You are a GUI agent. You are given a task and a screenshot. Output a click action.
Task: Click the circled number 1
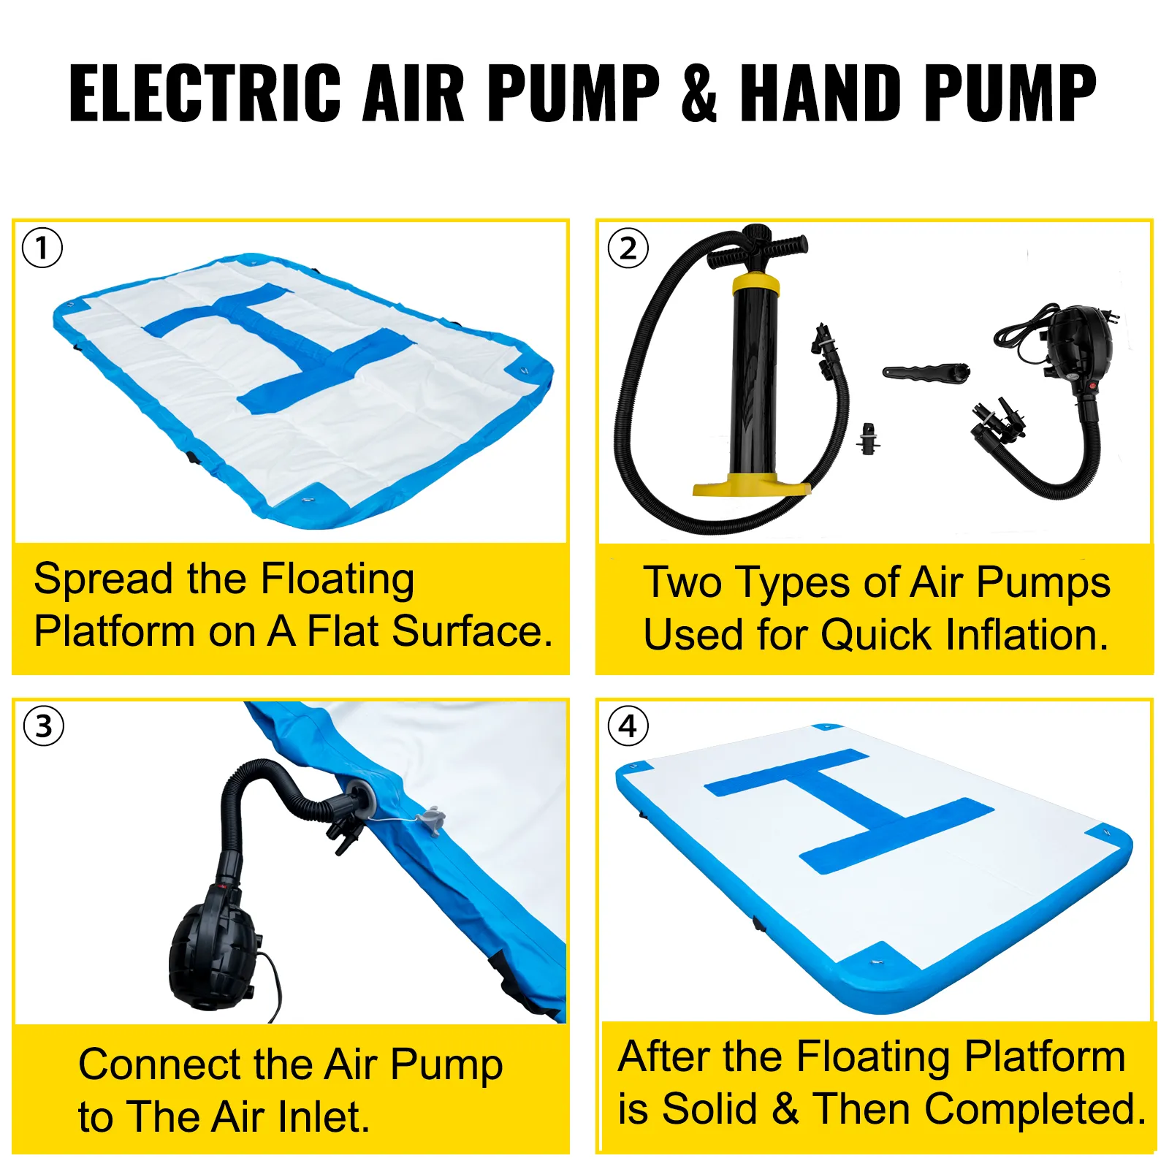point(42,248)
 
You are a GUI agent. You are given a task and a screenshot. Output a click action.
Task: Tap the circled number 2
point(628,248)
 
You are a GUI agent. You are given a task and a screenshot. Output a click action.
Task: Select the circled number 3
point(44,726)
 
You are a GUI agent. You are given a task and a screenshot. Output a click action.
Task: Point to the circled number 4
point(628,726)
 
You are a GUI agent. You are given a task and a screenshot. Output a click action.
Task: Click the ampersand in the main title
point(699,92)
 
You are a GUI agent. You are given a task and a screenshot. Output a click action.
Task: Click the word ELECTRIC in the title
point(205,92)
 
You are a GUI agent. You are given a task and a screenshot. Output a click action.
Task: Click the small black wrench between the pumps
point(926,371)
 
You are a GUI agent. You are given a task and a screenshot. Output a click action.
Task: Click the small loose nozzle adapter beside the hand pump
point(868,438)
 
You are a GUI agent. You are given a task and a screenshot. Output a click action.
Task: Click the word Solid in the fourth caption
point(709,1109)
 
